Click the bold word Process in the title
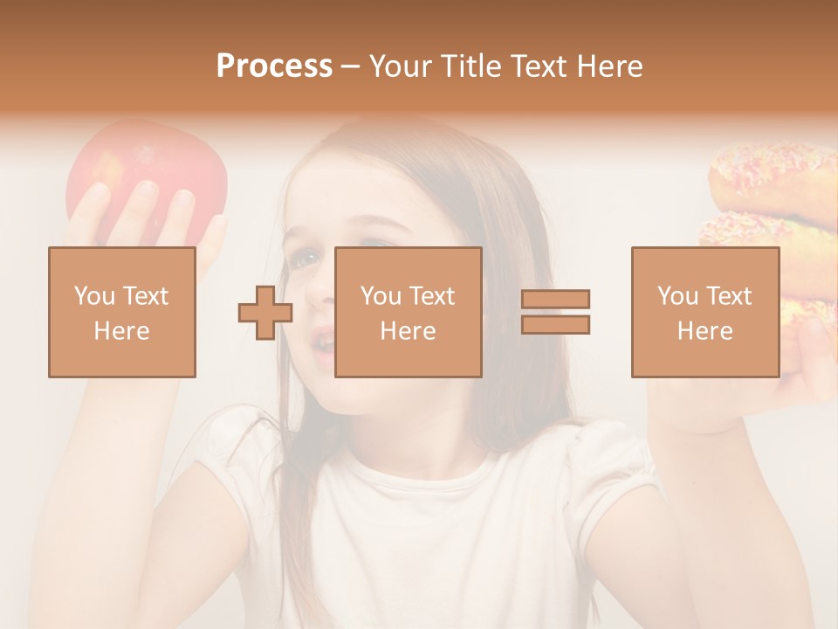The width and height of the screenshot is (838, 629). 274,66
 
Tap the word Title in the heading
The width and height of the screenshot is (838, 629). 471,66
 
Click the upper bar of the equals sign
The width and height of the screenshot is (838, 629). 555,300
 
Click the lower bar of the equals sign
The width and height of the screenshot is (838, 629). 555,325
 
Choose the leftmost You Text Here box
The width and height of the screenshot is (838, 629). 121,312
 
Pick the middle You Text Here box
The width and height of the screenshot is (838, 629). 408,312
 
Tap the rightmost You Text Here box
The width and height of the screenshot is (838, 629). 704,312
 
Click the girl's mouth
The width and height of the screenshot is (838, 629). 323,343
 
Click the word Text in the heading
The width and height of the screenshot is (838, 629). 536,66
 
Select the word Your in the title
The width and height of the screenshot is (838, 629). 401,66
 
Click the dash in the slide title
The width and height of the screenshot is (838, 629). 351,67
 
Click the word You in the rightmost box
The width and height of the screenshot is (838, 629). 677,296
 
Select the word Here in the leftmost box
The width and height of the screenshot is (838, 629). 121,331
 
